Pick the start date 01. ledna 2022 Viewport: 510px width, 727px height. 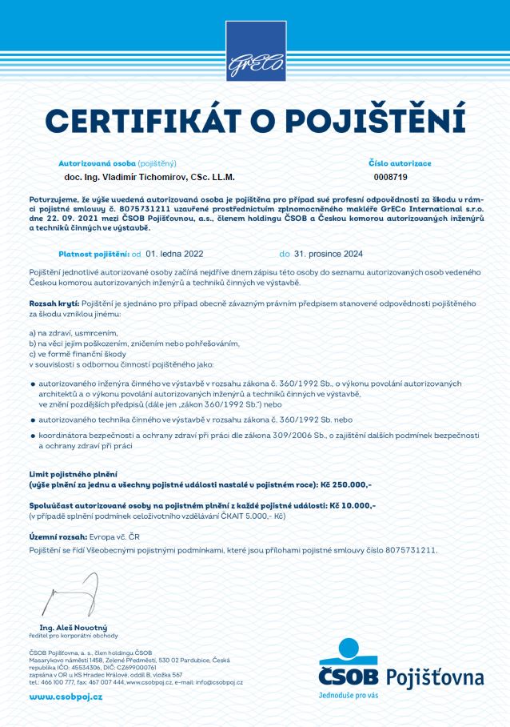coord(175,254)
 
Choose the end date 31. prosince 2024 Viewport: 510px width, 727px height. coord(329,254)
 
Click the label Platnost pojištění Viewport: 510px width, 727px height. coord(95,254)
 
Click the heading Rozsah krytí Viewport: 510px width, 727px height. coord(54,304)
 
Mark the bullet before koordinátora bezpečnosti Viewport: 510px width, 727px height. coord(32,434)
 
